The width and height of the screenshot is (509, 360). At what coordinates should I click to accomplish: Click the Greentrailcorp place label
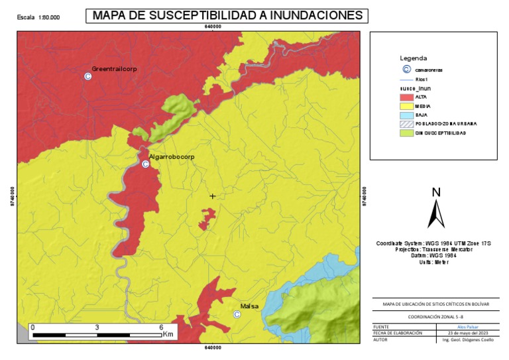[114, 69]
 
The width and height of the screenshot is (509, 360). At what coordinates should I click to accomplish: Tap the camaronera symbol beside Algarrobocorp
[145, 164]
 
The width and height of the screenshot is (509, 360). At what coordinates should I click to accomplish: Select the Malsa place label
[249, 306]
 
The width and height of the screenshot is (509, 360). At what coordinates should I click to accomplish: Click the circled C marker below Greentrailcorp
[87, 77]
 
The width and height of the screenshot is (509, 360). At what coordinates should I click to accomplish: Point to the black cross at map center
[212, 196]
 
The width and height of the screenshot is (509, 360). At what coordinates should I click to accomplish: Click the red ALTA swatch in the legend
[406, 97]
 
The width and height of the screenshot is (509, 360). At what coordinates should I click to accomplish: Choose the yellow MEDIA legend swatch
[406, 106]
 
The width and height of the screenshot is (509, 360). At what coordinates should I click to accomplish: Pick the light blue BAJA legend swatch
[406, 115]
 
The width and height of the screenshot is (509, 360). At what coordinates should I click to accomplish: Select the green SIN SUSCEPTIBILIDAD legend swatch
[406, 133]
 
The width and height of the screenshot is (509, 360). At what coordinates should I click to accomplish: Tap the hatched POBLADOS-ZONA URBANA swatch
[406, 124]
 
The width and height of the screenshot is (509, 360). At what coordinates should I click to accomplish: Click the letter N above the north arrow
[436, 192]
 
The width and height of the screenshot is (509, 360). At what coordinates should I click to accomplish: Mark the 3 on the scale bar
[97, 328]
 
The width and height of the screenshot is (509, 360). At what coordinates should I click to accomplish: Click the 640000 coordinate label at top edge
[212, 27]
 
